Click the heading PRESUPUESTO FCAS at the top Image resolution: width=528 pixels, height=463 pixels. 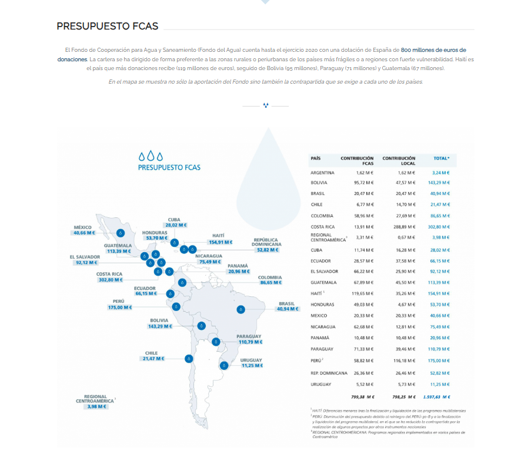pyautogui.click(x=107, y=27)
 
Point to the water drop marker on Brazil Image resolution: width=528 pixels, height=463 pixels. pyautogui.click(x=240, y=309)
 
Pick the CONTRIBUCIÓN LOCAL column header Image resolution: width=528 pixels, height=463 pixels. pyautogui.click(x=399, y=161)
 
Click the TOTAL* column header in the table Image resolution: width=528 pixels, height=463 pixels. pyautogui.click(x=441, y=158)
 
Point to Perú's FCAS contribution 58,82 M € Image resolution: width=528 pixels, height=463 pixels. pyautogui.click(x=365, y=360)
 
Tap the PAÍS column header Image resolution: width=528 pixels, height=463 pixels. pyautogui.click(x=316, y=158)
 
